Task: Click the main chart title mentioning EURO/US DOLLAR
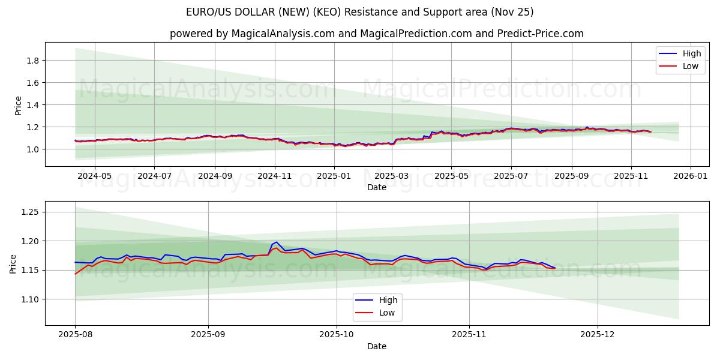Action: [359, 12]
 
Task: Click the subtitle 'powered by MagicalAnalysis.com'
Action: [376, 34]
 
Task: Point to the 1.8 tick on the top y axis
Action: [33, 61]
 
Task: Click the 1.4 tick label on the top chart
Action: [33, 105]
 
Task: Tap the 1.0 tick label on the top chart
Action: [33, 149]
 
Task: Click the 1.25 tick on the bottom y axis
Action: [29, 212]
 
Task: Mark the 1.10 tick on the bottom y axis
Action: [29, 299]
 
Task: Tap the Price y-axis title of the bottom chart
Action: [13, 263]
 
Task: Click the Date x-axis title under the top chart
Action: [377, 187]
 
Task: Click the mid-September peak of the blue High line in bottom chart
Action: [277, 242]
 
